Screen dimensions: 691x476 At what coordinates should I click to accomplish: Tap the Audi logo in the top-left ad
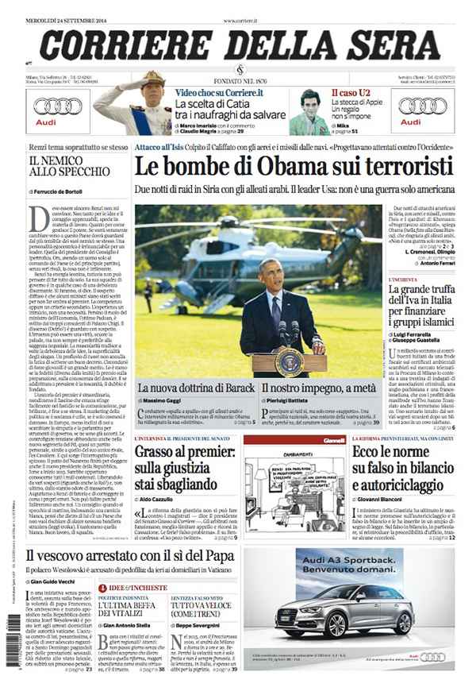tap(58, 106)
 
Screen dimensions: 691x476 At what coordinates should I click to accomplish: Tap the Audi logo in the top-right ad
tap(422, 106)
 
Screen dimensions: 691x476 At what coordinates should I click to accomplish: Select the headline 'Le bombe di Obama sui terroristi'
tap(293, 168)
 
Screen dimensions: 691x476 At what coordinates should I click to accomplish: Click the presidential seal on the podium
tap(290, 361)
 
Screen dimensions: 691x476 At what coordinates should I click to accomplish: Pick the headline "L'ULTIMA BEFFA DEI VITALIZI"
tap(129, 616)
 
